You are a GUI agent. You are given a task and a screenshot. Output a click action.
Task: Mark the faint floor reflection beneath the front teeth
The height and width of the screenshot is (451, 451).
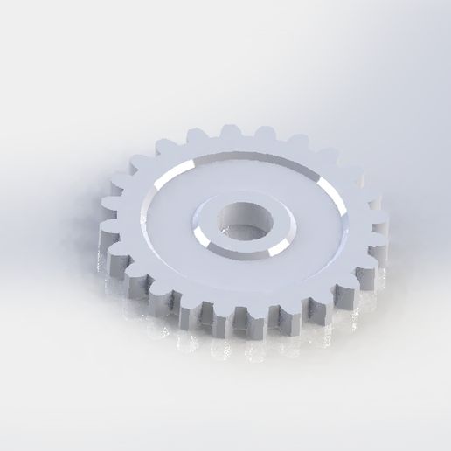(236, 345)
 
